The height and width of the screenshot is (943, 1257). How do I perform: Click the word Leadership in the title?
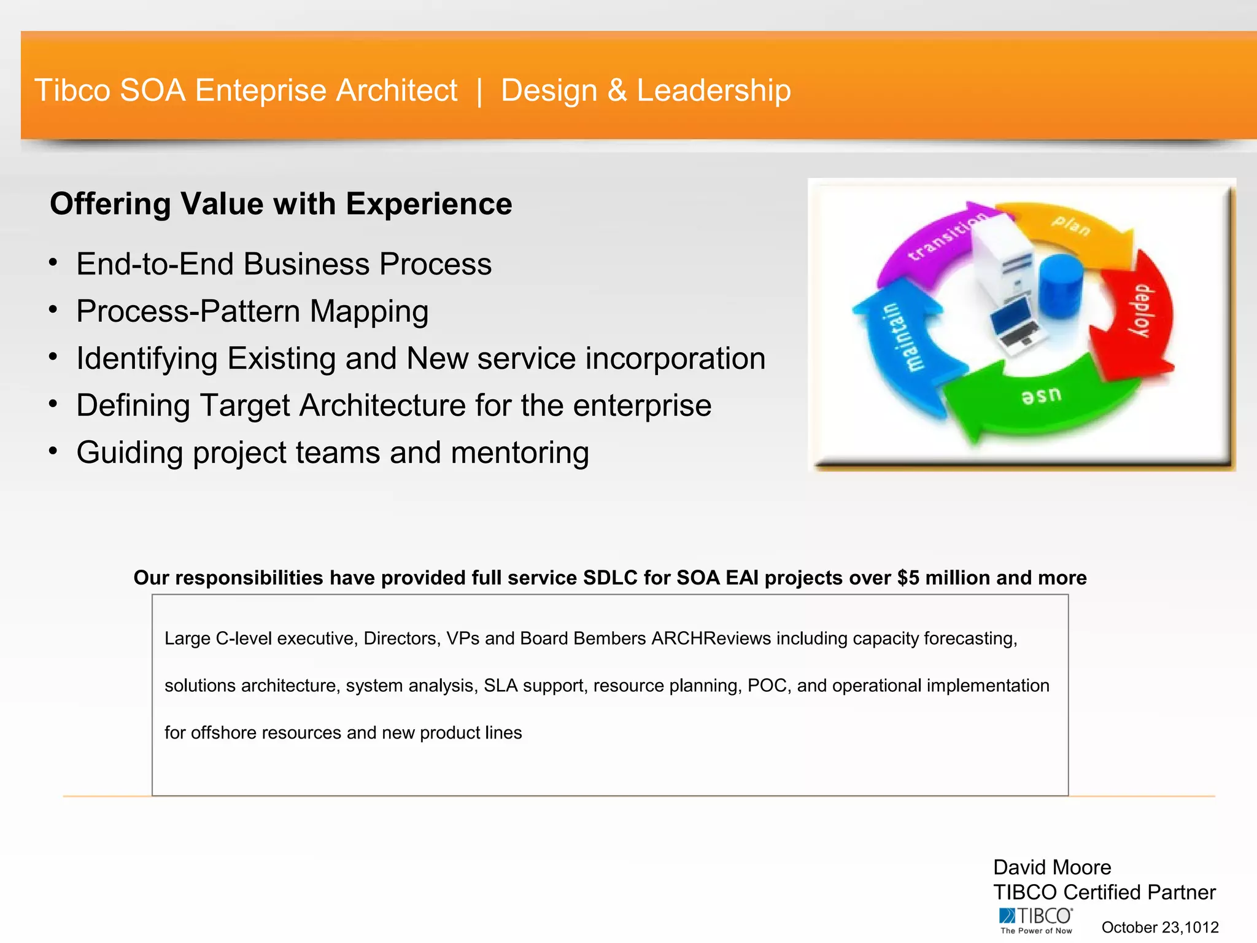[x=713, y=91]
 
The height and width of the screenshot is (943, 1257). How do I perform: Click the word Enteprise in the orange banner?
[x=264, y=91]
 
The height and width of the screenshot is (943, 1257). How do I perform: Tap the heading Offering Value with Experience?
[x=280, y=204]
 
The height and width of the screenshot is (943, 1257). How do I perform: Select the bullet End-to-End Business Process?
[x=284, y=264]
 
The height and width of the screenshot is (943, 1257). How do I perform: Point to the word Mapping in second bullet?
[x=368, y=311]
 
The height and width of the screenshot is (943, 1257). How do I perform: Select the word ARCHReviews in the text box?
[x=711, y=638]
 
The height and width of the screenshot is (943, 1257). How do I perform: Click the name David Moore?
[x=1051, y=867]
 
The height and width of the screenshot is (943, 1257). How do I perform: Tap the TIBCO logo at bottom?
[x=1035, y=920]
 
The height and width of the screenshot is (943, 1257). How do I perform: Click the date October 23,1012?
[x=1159, y=927]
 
